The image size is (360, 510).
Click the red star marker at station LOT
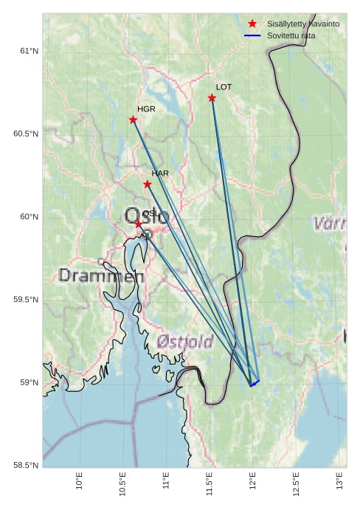click(212, 98)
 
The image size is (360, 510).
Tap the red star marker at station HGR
click(134, 120)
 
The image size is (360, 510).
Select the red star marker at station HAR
click(148, 184)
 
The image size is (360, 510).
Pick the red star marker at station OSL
click(138, 224)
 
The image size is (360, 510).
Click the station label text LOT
click(224, 87)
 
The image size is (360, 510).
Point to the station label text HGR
click(146, 109)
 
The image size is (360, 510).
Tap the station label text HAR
click(160, 173)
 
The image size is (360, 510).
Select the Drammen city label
click(101, 276)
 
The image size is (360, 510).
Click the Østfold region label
click(185, 341)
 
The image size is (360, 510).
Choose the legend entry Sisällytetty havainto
click(303, 24)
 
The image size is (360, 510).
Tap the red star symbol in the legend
click(252, 24)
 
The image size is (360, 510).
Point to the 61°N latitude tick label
click(29, 51)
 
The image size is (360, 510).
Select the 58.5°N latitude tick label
click(26, 465)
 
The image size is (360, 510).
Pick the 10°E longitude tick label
click(80, 481)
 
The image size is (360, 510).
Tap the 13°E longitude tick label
click(340, 481)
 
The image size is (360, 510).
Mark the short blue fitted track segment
click(255, 383)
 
